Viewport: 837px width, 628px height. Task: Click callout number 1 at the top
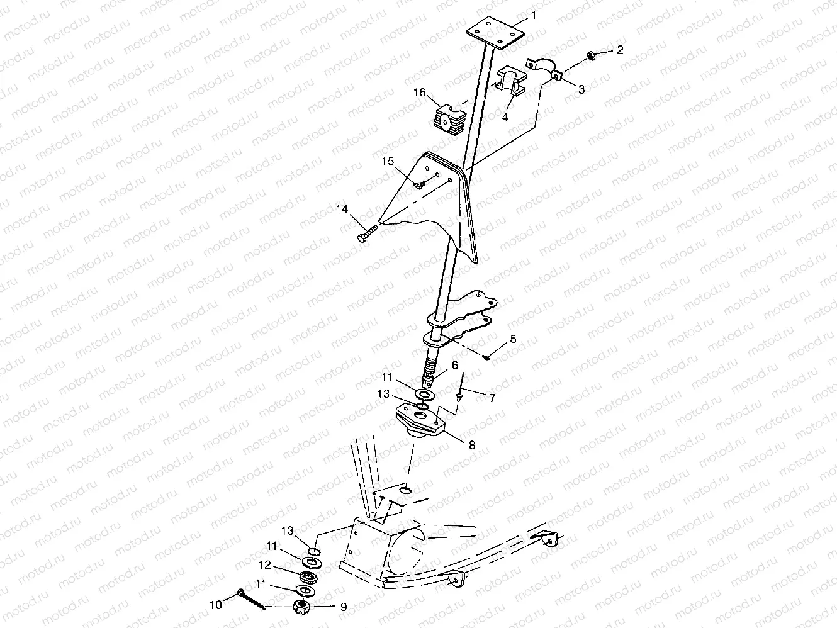click(534, 13)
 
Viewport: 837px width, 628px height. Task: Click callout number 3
click(581, 89)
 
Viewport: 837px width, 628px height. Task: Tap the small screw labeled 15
click(420, 184)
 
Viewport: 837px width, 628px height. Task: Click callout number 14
click(341, 209)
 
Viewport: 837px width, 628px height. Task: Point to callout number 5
click(513, 339)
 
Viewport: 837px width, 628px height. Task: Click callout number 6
click(454, 365)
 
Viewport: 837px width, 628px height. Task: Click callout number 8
click(471, 444)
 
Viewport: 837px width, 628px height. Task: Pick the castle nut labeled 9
click(302, 607)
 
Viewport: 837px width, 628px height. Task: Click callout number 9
click(344, 607)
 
